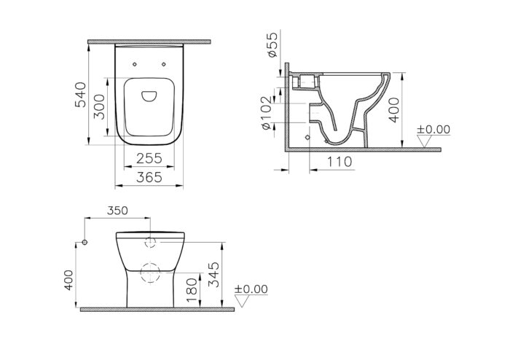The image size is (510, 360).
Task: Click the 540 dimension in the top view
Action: pos(81,93)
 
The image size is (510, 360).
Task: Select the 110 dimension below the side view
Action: pos(338,161)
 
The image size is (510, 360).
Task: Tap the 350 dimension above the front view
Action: pos(117,211)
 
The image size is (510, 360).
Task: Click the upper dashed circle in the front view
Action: pos(152,243)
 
